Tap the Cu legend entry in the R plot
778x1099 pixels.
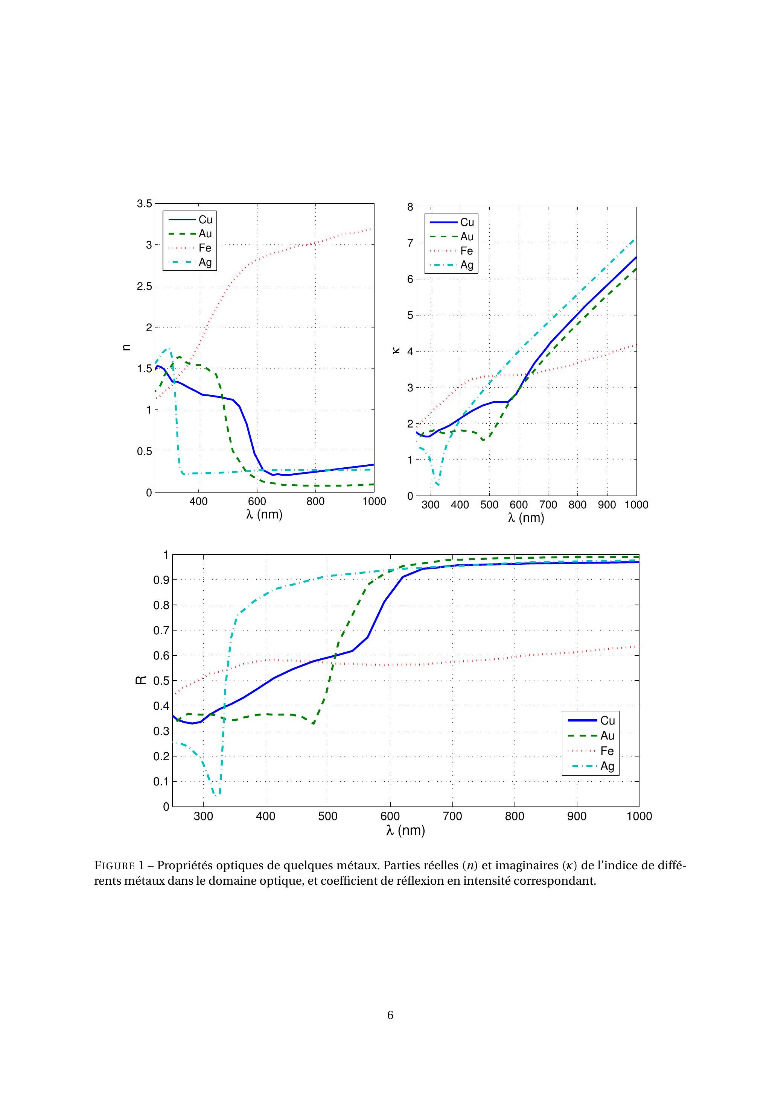point(607,720)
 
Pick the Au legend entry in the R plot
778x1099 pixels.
point(607,736)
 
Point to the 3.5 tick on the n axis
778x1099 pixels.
point(144,204)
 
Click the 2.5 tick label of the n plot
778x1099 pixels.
point(144,286)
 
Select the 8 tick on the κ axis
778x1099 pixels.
point(410,207)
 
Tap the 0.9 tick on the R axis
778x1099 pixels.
point(163,580)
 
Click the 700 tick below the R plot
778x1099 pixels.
point(452,816)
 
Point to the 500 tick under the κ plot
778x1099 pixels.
point(489,505)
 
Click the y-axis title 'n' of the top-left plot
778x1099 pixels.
point(126,347)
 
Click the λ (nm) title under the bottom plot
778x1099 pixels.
point(405,831)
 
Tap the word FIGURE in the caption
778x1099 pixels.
point(115,866)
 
